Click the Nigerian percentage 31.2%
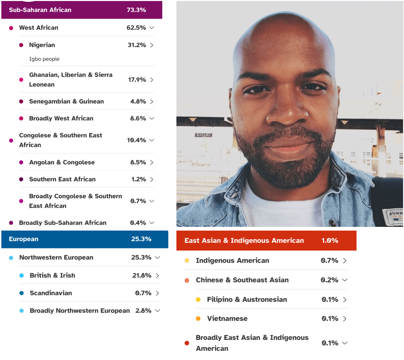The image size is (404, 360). [x=137, y=45]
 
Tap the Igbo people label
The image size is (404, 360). [x=44, y=59]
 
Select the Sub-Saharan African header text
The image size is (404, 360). [x=40, y=10]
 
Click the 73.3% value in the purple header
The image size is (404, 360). [x=136, y=10]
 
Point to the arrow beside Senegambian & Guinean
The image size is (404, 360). [x=152, y=101]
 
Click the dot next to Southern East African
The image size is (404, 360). [x=21, y=179]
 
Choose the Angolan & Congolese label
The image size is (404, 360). [x=62, y=162]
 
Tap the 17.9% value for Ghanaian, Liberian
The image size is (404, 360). [x=137, y=80]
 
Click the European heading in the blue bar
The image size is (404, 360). [x=24, y=239]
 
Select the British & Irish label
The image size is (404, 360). [x=53, y=275]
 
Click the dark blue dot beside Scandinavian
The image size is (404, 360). [x=22, y=293]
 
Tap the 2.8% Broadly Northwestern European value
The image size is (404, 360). [x=143, y=311]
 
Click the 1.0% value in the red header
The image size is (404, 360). [x=330, y=241]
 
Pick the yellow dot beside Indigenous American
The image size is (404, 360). [x=187, y=261]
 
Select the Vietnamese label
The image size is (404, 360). [x=227, y=319]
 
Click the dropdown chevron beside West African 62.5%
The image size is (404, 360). [x=152, y=28]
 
